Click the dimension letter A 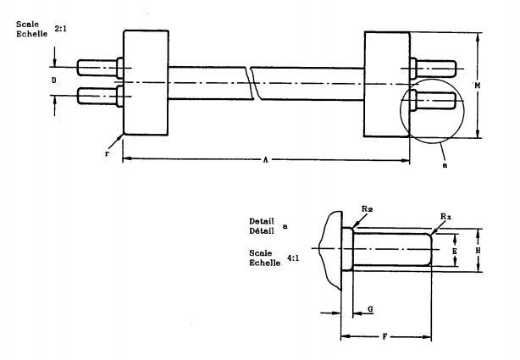point(265,160)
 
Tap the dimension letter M point(477,86)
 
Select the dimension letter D point(54,80)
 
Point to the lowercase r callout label point(107,154)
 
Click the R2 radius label point(367,208)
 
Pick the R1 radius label point(445,217)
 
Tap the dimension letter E point(454,252)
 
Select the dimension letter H point(478,251)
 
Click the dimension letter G point(370,309)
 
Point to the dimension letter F point(384,337)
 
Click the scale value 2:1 point(61,29)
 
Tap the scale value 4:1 point(293,258)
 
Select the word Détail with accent point(262,230)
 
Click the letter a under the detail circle point(445,165)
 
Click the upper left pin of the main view point(100,68)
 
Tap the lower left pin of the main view point(100,96)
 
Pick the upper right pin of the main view point(433,69)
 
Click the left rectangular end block point(146,83)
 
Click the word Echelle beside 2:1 point(32,34)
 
